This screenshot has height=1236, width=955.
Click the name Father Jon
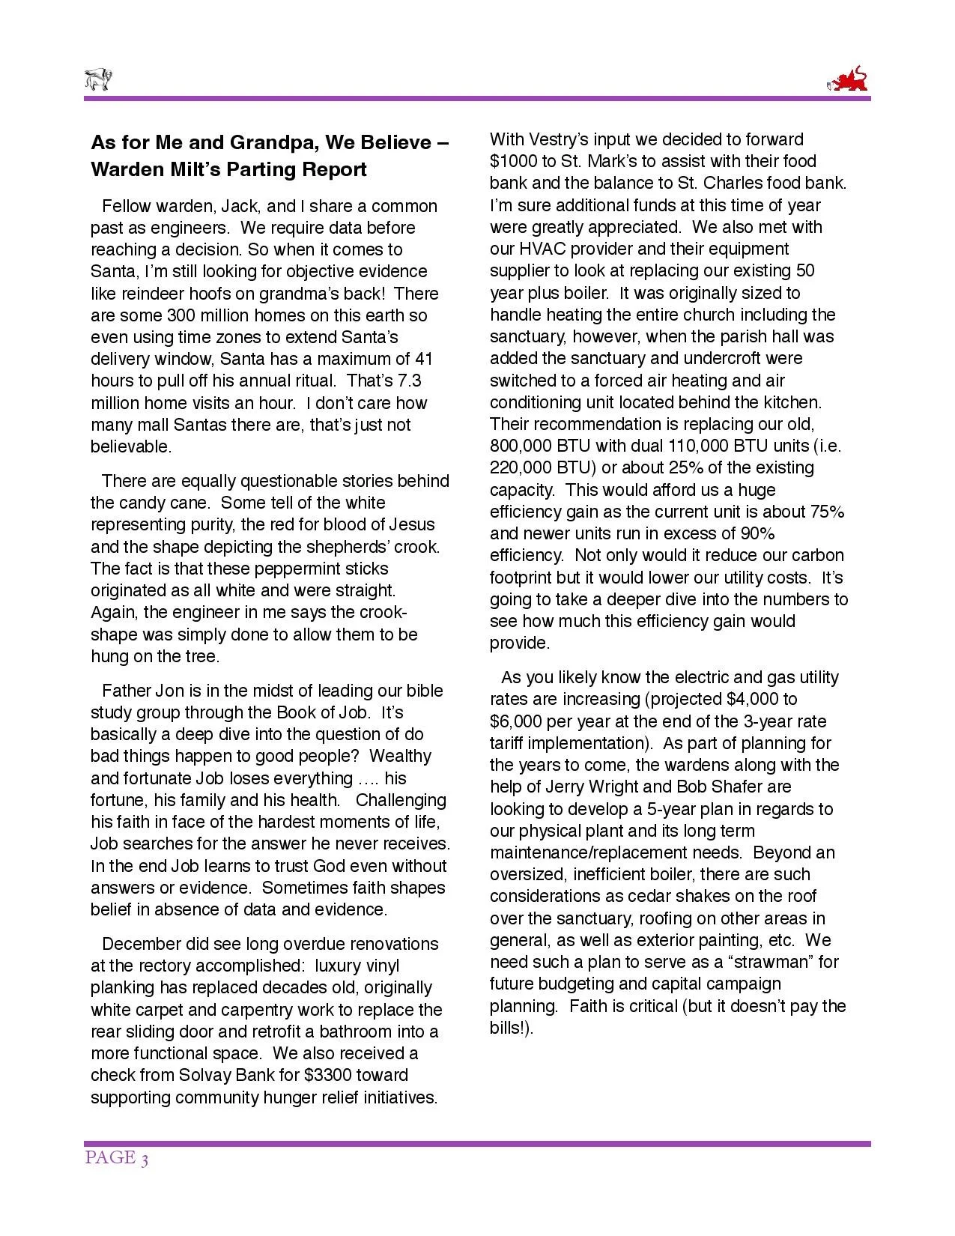tap(139, 691)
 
